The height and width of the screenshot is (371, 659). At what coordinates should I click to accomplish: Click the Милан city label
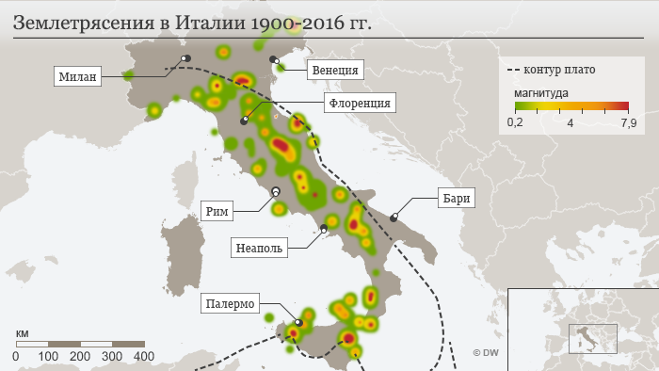point(77,76)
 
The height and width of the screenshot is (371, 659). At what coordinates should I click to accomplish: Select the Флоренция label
point(358,102)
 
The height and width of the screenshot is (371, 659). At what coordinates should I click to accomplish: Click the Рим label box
point(216,210)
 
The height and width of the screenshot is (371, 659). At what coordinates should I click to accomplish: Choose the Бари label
point(453,198)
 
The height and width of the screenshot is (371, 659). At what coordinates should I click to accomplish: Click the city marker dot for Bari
point(394,218)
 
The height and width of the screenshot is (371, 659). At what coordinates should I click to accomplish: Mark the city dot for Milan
point(185,58)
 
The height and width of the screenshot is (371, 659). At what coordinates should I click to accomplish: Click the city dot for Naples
point(324,228)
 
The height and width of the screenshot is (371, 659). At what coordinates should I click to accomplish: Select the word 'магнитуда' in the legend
point(540,93)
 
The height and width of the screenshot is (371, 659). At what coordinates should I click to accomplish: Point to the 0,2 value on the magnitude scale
point(515,123)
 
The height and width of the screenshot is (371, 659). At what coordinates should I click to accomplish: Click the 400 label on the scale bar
point(144,357)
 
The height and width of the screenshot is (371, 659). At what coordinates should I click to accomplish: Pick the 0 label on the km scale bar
point(16,357)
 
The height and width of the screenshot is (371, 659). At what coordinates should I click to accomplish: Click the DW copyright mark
point(486,352)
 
